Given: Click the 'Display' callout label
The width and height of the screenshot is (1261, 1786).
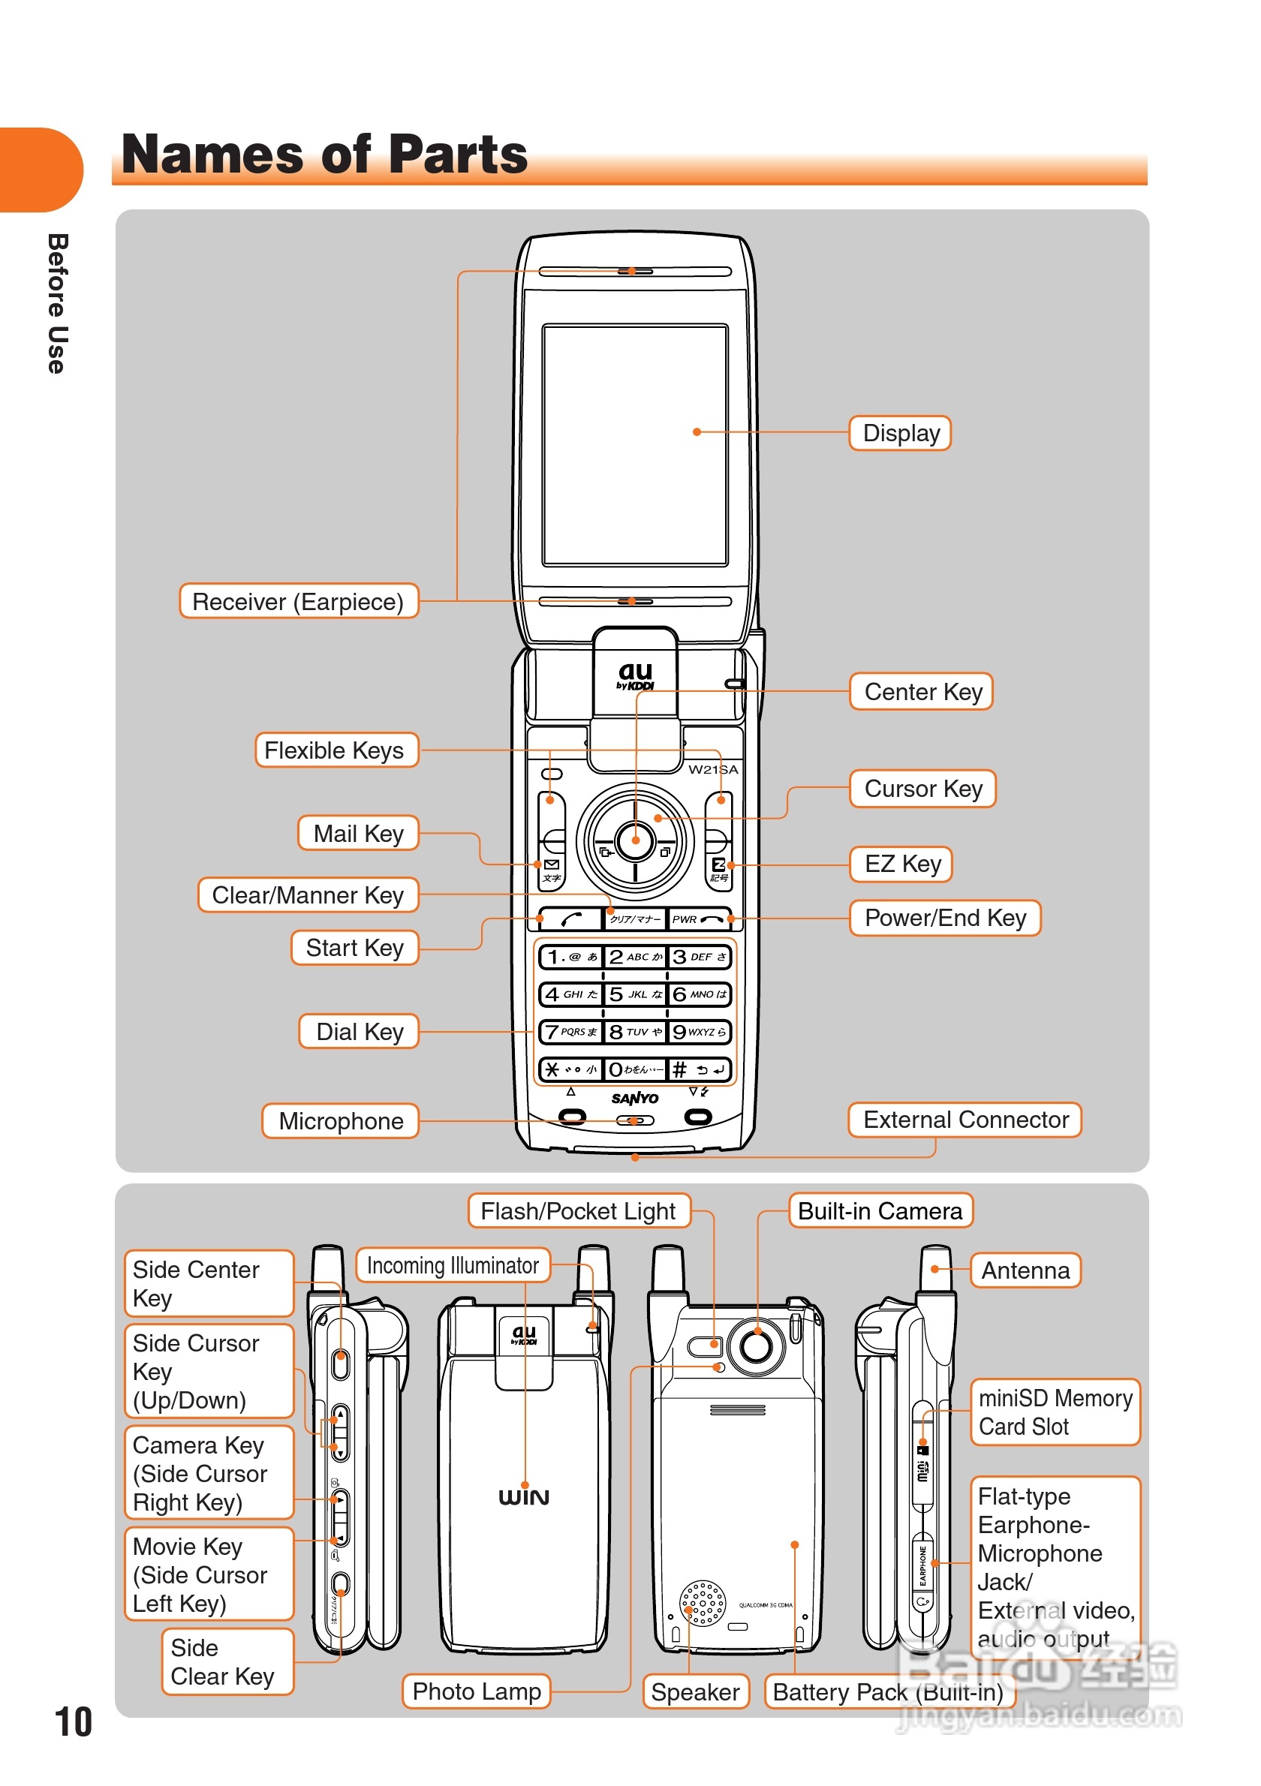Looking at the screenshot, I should click(900, 433).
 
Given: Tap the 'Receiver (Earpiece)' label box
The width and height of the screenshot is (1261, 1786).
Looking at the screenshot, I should click(298, 601).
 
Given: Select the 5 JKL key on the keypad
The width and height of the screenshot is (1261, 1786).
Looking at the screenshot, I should click(635, 994).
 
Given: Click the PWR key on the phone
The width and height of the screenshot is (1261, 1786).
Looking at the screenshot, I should click(700, 919).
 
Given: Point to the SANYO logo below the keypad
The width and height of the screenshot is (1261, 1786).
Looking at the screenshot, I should click(635, 1099).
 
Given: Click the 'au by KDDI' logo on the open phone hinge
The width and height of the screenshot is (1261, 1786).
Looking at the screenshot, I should click(635, 675).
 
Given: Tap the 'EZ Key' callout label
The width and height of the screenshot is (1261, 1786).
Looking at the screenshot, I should click(901, 864).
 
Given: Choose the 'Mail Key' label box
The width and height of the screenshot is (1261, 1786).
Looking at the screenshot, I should click(358, 834).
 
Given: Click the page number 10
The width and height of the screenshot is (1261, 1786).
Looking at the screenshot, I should click(73, 1722).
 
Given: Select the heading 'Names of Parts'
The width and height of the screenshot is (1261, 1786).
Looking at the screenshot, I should click(324, 154).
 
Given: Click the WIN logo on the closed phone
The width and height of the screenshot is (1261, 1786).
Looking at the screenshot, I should click(523, 1497).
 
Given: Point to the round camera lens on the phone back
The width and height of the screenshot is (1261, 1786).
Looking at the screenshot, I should click(756, 1345).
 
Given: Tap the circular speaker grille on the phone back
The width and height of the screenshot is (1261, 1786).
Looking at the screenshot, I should click(703, 1603).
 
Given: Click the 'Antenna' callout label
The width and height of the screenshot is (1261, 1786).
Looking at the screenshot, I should click(1025, 1270).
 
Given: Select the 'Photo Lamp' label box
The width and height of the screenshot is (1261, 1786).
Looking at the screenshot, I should click(476, 1692).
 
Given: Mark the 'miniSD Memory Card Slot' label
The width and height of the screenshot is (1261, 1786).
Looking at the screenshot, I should click(1055, 1412).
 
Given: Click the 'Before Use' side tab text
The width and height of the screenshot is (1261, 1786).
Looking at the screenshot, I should click(57, 303).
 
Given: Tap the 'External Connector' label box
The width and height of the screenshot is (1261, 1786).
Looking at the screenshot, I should click(965, 1120).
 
